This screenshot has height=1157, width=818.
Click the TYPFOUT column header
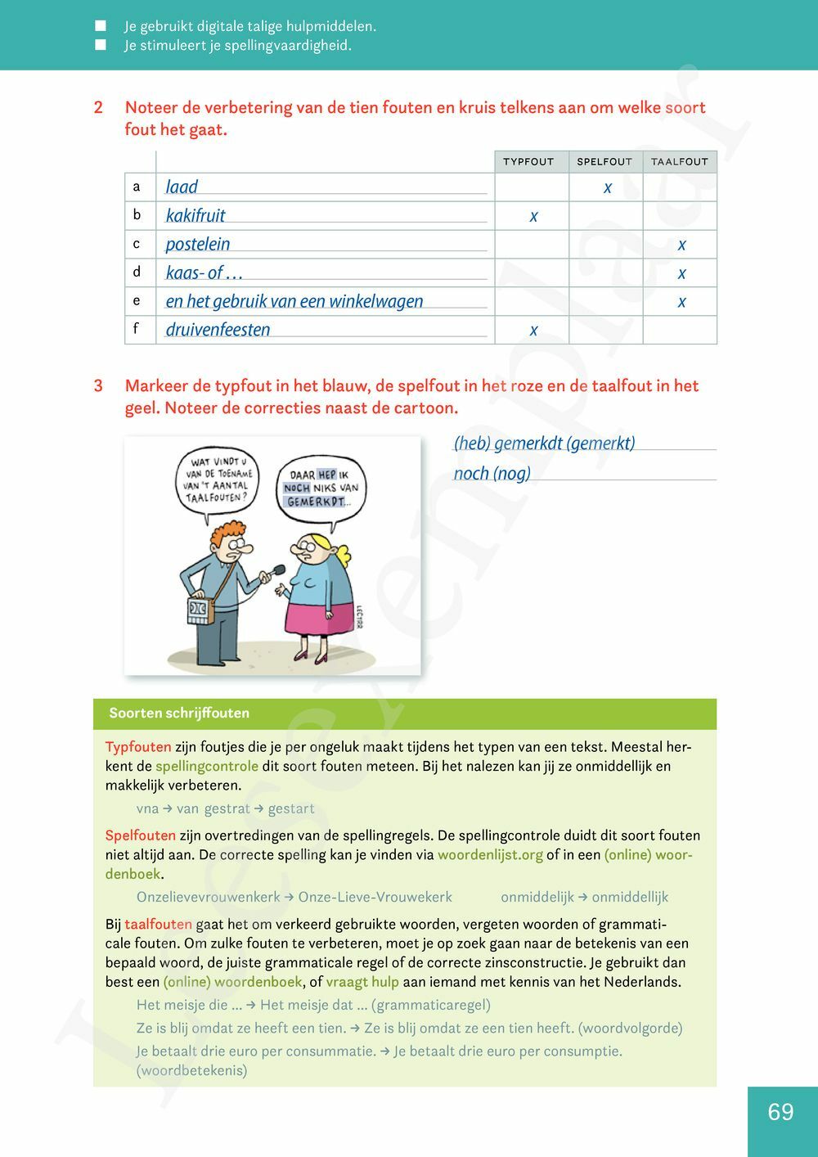click(x=528, y=162)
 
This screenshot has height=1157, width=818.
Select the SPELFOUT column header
click(x=605, y=162)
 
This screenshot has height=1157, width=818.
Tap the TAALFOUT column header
click(x=679, y=162)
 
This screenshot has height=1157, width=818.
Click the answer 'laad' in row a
click(x=182, y=187)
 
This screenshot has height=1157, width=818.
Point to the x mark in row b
click(x=533, y=216)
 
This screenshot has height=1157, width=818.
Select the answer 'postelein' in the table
click(x=198, y=245)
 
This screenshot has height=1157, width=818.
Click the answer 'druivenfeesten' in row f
click(x=218, y=330)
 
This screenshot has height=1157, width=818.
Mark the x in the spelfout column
click(x=608, y=187)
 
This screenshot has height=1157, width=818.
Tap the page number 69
click(x=780, y=1112)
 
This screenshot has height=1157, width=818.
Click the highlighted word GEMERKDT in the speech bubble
click(x=316, y=502)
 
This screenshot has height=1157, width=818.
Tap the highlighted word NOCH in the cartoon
click(x=296, y=488)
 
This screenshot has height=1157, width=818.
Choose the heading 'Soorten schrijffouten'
click(x=179, y=714)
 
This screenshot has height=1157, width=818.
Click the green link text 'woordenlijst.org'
click(x=490, y=855)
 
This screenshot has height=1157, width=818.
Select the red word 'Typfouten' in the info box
click(x=138, y=747)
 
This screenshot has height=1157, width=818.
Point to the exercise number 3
click(x=98, y=386)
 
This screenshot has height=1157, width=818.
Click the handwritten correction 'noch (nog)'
click(x=492, y=474)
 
